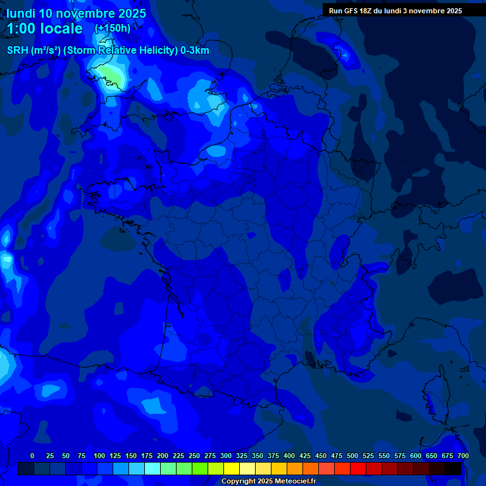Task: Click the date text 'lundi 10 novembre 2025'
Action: [76, 13]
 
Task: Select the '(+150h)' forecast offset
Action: [112, 28]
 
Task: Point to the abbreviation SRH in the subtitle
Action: [17, 50]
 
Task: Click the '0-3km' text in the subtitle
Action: [195, 50]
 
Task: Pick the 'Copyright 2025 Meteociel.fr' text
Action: [268, 481]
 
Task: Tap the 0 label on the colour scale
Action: [32, 456]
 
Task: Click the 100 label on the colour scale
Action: [99, 456]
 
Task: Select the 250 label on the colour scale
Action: [194, 456]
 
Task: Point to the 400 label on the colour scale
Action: [289, 456]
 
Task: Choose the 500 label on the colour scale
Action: [352, 456]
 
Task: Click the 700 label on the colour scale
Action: [463, 456]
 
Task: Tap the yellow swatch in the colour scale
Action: [232, 468]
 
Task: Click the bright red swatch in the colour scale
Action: [358, 468]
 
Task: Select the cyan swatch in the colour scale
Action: [153, 468]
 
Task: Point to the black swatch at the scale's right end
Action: [453, 468]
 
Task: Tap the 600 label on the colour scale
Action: [416, 456]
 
